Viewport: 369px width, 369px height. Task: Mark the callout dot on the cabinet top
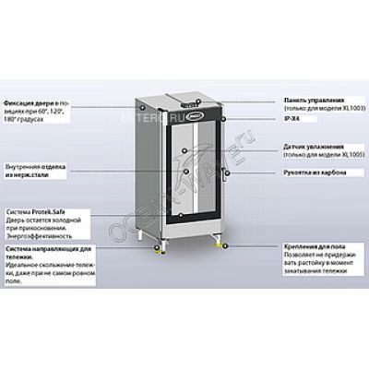[x=197, y=95]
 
